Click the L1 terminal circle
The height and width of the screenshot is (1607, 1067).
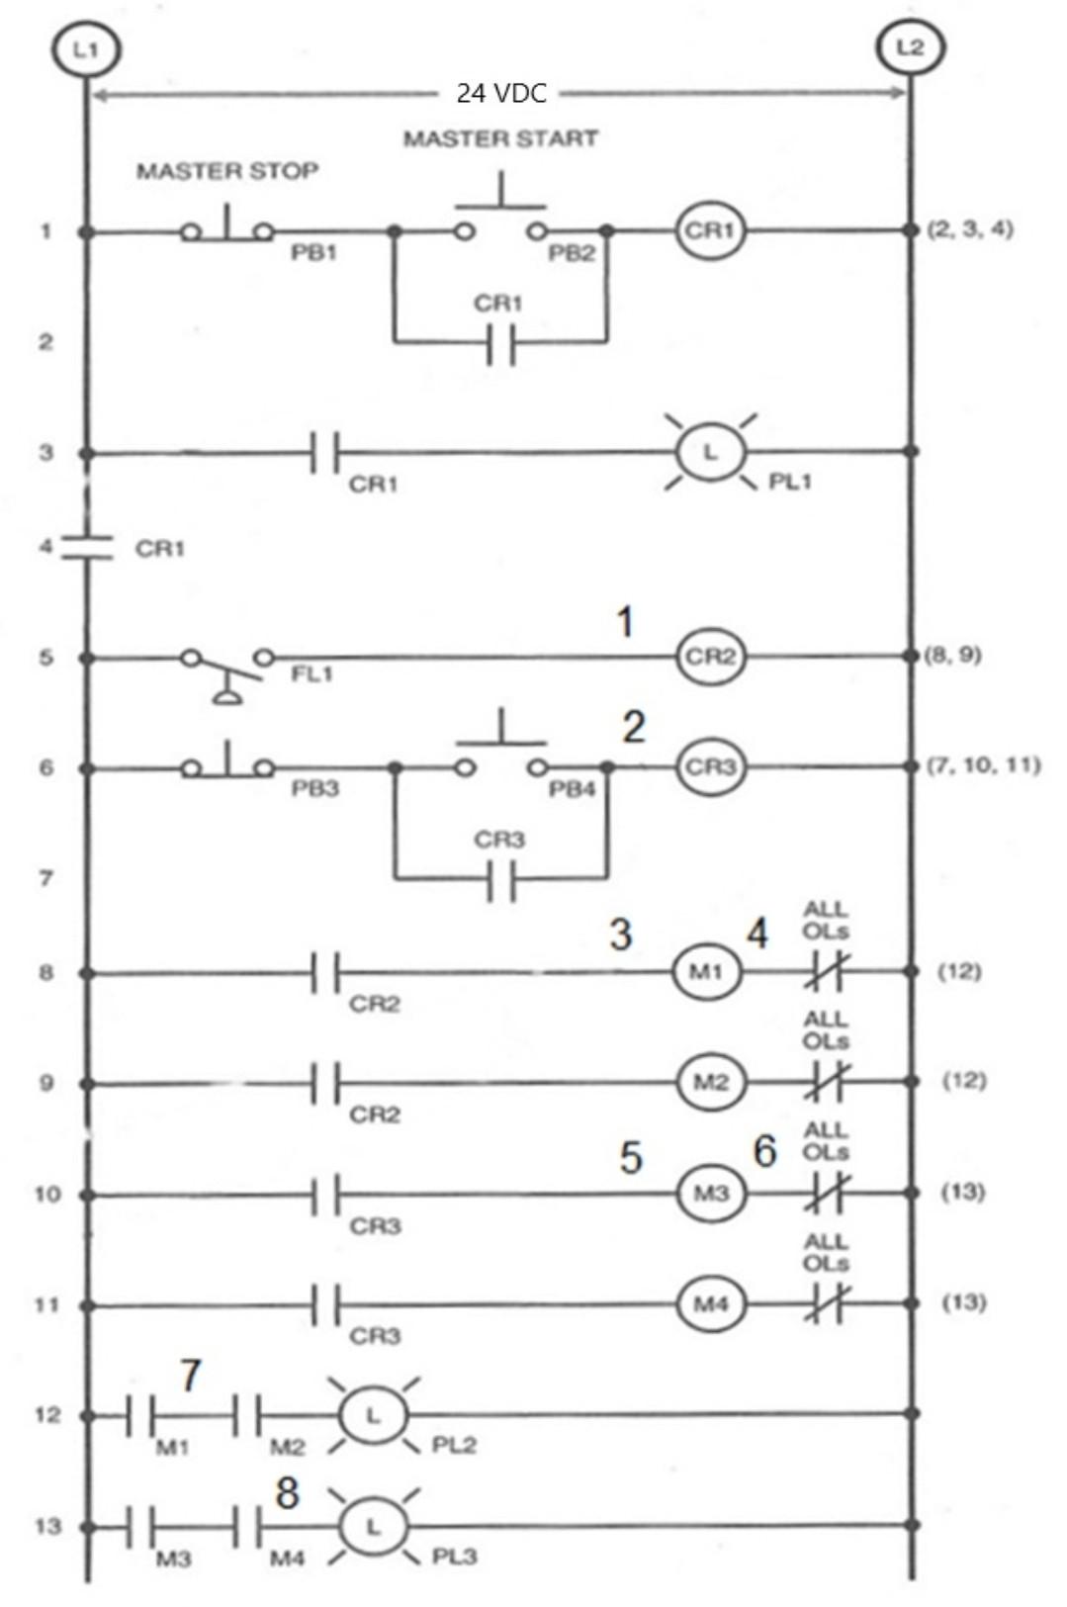click(86, 48)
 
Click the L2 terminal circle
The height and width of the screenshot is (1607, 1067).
click(910, 47)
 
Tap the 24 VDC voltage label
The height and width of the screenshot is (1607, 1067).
click(500, 94)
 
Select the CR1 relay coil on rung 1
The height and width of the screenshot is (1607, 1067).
click(709, 230)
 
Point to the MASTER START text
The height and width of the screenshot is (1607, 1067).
click(500, 138)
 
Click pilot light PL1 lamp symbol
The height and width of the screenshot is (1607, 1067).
click(709, 452)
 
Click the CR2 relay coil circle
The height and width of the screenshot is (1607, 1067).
click(709, 657)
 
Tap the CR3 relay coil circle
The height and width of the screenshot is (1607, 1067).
click(709, 767)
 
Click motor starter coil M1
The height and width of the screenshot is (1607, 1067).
click(706, 972)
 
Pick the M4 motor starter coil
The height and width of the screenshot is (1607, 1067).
click(710, 1304)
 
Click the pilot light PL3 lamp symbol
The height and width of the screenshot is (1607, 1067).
click(373, 1527)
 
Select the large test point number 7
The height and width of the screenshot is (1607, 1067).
click(190, 1375)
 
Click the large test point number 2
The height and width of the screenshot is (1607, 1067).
click(633, 727)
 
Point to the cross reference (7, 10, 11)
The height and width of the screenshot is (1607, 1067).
click(983, 764)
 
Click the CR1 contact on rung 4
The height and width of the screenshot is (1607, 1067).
click(86, 547)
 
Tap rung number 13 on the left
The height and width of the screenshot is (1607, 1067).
click(47, 1526)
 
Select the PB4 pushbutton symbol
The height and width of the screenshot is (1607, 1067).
click(500, 758)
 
